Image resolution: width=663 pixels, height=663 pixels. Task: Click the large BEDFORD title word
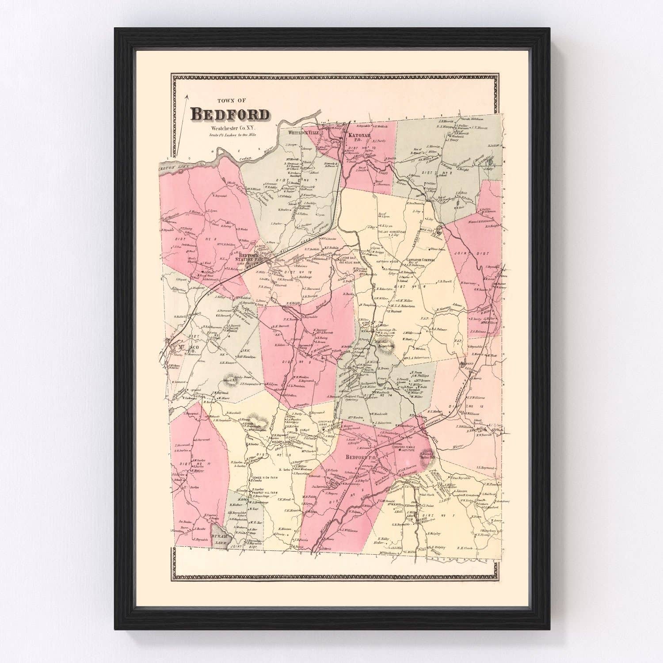[230, 114]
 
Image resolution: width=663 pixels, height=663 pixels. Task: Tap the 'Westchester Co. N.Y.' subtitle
[230, 128]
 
